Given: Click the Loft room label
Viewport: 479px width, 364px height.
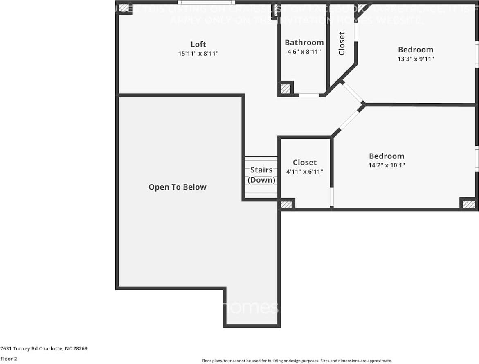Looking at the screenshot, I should (x=198, y=44).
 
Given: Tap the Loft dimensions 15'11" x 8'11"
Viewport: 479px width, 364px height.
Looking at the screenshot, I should (x=198, y=54).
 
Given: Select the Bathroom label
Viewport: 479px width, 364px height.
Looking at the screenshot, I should (x=304, y=42).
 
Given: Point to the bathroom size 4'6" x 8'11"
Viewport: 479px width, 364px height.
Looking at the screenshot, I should (x=304, y=52).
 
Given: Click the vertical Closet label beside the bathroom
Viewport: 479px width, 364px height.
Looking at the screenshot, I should (x=342, y=43).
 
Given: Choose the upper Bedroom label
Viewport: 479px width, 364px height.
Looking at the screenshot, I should (x=415, y=50).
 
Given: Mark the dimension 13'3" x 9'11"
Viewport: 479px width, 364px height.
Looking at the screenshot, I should (x=415, y=59).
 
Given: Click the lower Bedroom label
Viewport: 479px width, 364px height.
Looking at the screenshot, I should (x=386, y=156).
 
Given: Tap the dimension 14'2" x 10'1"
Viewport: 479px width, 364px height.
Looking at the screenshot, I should (x=386, y=165).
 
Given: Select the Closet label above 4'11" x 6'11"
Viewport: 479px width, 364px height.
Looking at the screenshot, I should (x=305, y=163).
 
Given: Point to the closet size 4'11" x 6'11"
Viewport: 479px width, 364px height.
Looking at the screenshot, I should (x=305, y=172).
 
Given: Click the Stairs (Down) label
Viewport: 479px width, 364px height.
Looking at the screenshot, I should (x=261, y=175).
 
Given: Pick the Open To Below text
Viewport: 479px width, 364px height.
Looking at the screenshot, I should (x=177, y=187).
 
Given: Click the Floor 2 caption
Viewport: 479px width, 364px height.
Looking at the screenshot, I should (x=9, y=359).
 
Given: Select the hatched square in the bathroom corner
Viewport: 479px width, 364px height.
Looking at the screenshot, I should (x=285, y=88).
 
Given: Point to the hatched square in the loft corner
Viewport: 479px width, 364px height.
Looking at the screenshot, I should (x=124, y=8).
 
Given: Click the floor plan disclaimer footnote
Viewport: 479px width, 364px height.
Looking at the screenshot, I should (x=297, y=361).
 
